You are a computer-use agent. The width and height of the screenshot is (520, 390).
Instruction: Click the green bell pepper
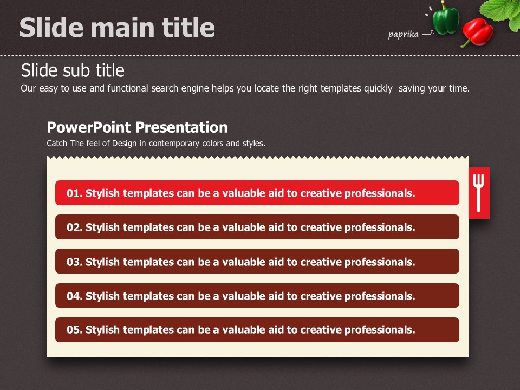[446, 18]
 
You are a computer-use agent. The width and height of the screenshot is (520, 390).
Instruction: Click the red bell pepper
[477, 32]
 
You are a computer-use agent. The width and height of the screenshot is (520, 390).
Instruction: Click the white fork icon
[478, 193]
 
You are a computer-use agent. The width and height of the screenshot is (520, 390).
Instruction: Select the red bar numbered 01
[257, 193]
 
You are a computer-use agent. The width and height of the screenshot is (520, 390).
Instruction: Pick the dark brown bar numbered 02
[257, 227]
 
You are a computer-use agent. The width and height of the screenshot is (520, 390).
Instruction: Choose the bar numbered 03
[257, 261]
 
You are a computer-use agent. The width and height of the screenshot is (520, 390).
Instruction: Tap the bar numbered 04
[257, 296]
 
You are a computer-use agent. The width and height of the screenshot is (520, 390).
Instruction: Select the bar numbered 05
[257, 330]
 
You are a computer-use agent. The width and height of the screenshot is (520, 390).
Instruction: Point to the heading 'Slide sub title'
[73, 70]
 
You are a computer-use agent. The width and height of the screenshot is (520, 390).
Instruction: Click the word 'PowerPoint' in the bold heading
[89, 127]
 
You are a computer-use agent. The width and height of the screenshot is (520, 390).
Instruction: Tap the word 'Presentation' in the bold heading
[181, 127]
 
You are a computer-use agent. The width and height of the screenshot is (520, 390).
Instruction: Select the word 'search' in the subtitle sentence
[164, 88]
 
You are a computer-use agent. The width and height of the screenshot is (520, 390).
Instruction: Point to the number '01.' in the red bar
[75, 193]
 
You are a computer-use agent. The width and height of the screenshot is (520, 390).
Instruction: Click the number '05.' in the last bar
[75, 330]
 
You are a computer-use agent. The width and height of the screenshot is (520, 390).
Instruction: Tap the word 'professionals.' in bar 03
[380, 262]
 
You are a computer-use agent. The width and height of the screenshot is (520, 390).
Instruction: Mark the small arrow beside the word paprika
[428, 33]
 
